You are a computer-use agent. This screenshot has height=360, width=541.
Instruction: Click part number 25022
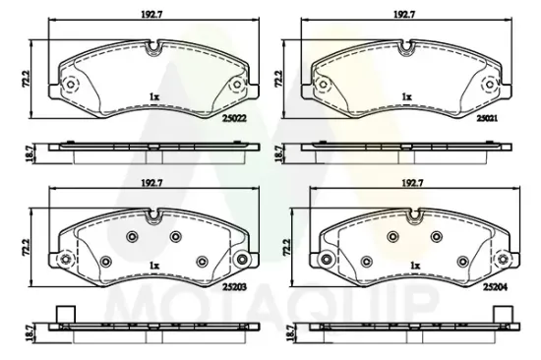click(x=235, y=118)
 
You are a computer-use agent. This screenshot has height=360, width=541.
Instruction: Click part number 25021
click(x=487, y=118)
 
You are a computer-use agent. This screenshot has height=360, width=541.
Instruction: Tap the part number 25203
click(x=235, y=287)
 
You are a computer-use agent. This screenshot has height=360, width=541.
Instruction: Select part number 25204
click(x=495, y=287)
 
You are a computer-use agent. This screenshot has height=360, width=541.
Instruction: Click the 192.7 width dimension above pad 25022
click(x=151, y=15)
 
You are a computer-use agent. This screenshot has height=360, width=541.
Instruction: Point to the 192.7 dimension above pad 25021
click(x=404, y=15)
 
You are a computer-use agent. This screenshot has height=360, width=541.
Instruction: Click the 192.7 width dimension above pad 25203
click(x=151, y=184)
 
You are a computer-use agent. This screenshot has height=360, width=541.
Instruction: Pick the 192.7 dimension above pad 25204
click(x=413, y=184)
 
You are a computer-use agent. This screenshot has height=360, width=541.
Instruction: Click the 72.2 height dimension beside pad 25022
click(x=28, y=79)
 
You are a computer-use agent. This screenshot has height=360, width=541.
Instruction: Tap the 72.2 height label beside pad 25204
click(x=287, y=248)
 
